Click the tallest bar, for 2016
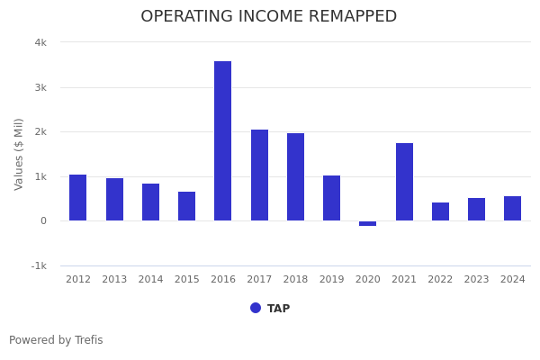[x=222, y=141]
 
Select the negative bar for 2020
[x=367, y=223]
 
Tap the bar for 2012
[x=78, y=198]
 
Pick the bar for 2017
[x=259, y=175]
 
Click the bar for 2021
[x=404, y=182]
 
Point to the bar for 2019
[x=331, y=198]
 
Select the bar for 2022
[x=440, y=211]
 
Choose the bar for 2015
[x=186, y=206]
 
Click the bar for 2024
[x=512, y=209]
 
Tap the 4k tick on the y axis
[x=40, y=42]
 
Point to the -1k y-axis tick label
[x=39, y=265]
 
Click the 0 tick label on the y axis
[x=43, y=220]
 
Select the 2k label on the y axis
[x=40, y=131]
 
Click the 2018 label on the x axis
[x=295, y=280]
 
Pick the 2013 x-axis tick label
[x=114, y=280]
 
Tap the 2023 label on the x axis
[x=476, y=280]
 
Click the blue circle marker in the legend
[x=256, y=308]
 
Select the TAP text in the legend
[x=278, y=309]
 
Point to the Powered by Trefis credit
[x=56, y=340]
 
